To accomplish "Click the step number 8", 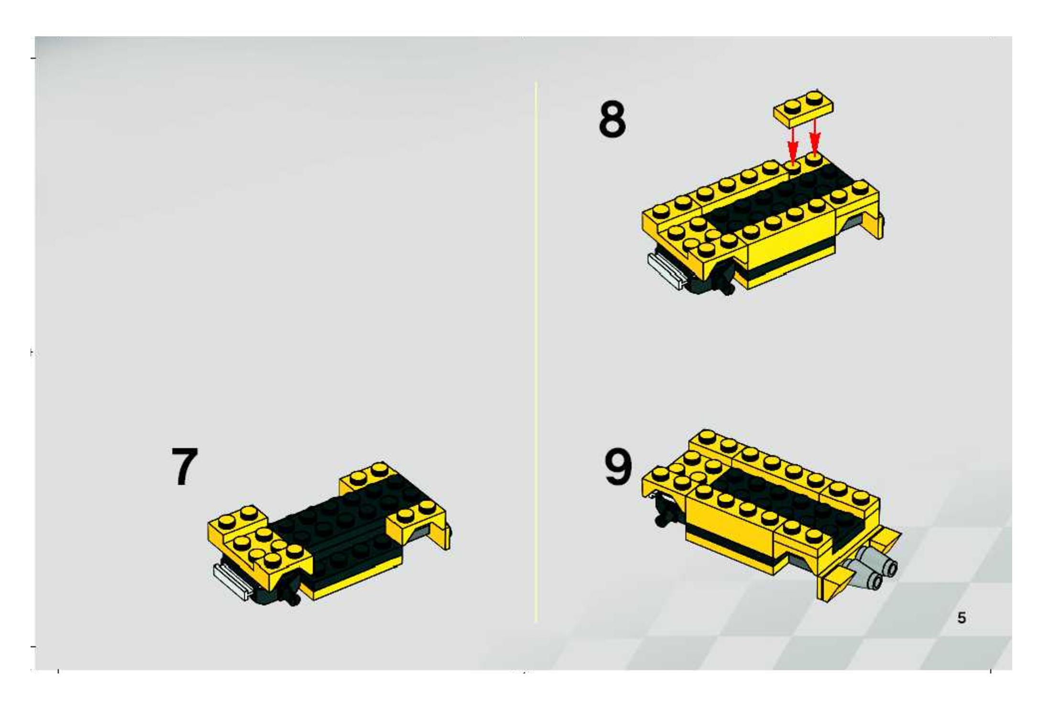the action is pos(612,119).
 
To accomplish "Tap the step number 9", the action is pos(618,467).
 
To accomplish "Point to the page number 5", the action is pos(962,618).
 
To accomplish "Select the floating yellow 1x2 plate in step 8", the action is pos(804,108).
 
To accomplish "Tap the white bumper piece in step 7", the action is pos(232,581).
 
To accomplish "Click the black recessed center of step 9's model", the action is pos(784,502).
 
